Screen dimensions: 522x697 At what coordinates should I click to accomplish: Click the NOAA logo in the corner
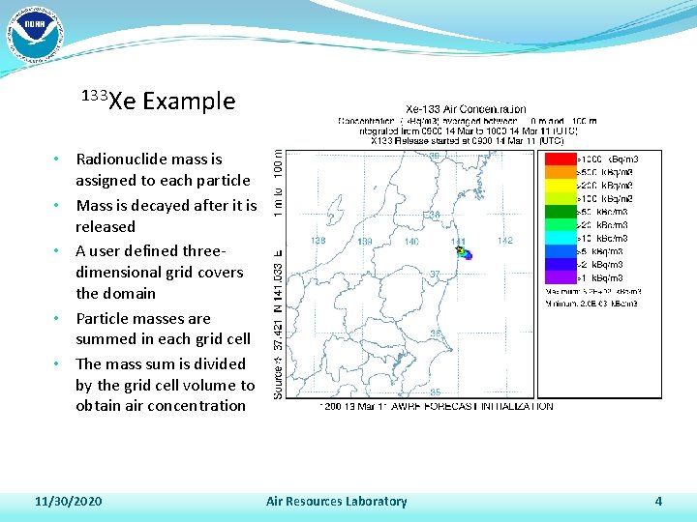(34, 34)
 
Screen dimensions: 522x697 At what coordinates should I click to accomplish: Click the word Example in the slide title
(188, 101)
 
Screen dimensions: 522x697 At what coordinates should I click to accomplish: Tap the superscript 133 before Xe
(94, 95)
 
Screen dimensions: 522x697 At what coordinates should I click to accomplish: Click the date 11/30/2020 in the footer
(68, 501)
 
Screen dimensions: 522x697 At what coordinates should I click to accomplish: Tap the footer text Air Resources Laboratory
(336, 501)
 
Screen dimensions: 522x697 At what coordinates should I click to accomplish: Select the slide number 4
(658, 501)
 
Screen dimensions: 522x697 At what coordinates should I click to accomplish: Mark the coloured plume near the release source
(465, 254)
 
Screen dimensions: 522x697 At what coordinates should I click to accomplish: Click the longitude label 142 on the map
(504, 241)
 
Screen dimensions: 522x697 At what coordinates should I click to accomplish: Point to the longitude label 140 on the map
(411, 241)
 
